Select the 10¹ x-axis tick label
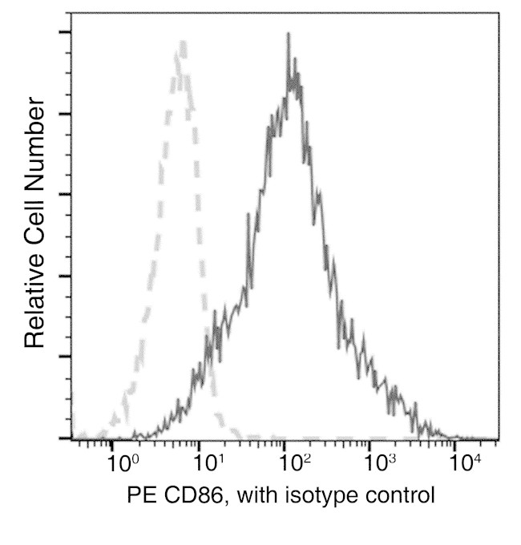[209, 462]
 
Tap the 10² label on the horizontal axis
[295, 462]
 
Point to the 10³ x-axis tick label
[381, 462]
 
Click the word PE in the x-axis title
[140, 495]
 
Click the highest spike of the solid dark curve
[287, 34]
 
